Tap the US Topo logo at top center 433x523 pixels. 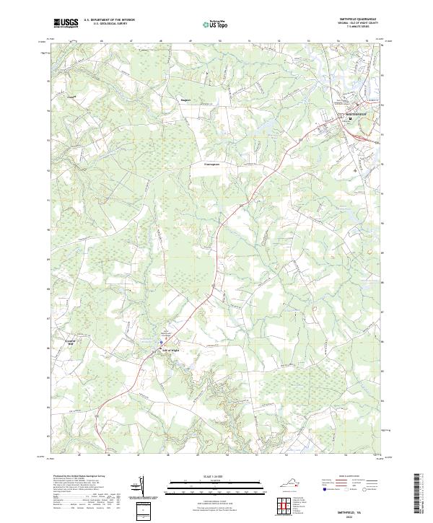pos(209,23)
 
